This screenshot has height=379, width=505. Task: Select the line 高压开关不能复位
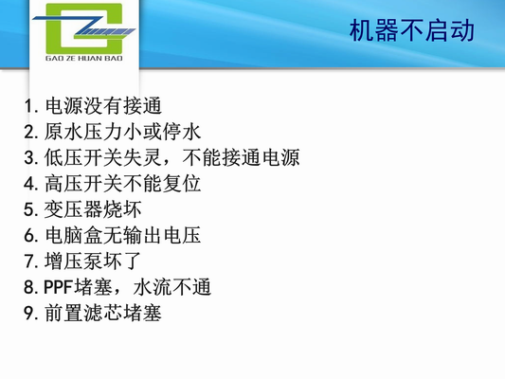click(122, 182)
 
